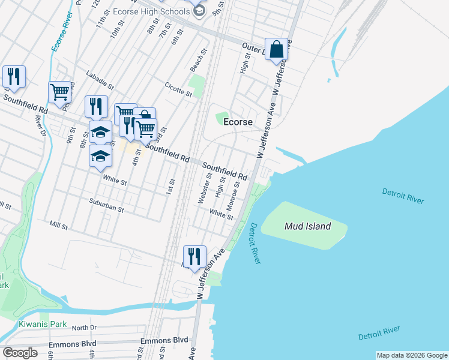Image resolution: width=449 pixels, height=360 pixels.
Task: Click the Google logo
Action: (x=19, y=352)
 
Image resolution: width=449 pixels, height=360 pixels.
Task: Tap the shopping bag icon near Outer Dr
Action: (x=277, y=50)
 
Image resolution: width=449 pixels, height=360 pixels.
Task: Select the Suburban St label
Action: (x=106, y=205)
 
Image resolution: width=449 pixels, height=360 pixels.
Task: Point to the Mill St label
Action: (x=59, y=224)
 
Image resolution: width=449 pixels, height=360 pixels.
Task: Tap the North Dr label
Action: (x=84, y=328)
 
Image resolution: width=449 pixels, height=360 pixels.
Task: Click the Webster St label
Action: (x=205, y=188)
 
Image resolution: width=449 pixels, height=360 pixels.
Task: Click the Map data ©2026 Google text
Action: (x=411, y=355)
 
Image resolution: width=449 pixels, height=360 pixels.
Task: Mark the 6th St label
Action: (x=176, y=37)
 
